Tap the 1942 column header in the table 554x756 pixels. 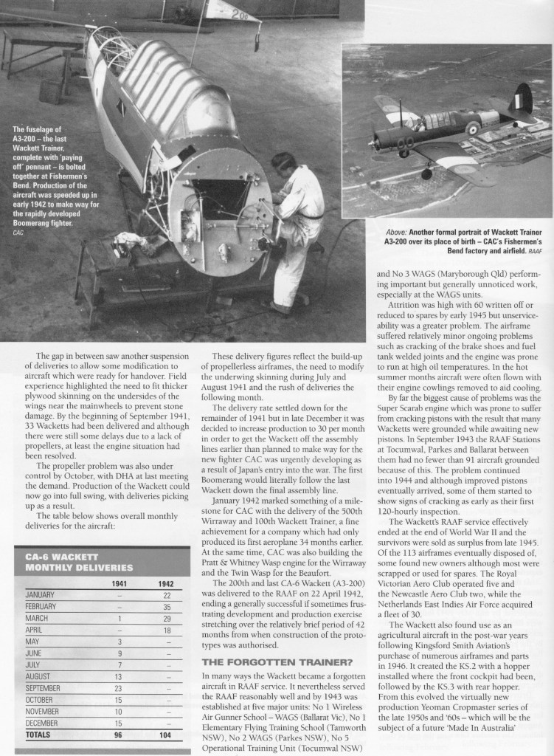(165, 583)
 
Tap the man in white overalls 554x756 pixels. (292, 229)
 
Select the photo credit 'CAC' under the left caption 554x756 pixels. (18, 233)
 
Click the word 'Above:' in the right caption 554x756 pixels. (392, 231)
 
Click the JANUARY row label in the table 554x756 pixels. (41, 596)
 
